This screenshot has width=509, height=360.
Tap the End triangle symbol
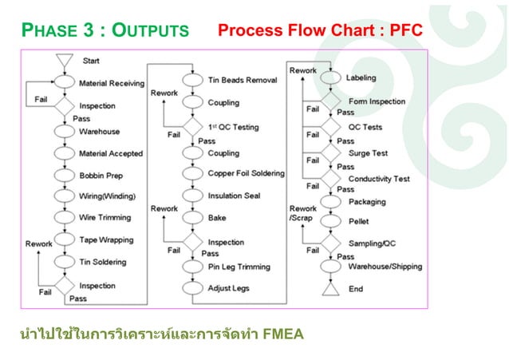[x=330, y=288]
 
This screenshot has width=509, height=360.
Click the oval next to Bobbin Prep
[x=65, y=175]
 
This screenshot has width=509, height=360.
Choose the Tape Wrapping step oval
[x=65, y=239]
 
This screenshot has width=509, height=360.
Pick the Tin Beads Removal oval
[x=192, y=80]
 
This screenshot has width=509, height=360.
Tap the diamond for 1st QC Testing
[x=192, y=128]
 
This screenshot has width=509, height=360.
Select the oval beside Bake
[x=192, y=217]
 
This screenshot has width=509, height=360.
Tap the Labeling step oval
[x=330, y=78]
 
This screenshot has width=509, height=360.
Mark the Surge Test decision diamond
[x=330, y=152]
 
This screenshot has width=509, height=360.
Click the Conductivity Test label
[x=379, y=179]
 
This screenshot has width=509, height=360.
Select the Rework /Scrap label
[x=303, y=214]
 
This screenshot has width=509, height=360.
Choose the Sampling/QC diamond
[x=330, y=240]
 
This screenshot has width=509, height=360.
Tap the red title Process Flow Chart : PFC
[x=319, y=31]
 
